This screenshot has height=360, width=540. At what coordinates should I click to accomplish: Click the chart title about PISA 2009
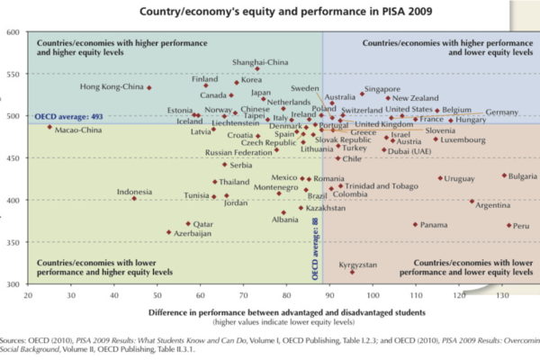coord(270,12)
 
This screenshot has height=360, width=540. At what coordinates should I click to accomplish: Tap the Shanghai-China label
coord(260,61)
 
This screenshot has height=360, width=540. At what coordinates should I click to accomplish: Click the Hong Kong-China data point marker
coord(149,87)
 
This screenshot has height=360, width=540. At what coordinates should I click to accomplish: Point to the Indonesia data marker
coord(134,198)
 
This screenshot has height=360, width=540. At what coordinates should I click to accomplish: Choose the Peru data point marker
coord(509,225)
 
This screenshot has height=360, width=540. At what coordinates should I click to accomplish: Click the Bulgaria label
coord(523,175)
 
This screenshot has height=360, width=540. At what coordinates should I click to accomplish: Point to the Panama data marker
coord(415,224)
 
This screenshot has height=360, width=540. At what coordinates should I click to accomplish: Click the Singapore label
coord(382,89)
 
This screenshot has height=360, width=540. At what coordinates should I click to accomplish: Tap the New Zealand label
coord(415,98)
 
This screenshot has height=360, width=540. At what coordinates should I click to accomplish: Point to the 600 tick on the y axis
coord(13,32)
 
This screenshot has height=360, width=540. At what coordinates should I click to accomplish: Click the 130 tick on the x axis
coord(501,293)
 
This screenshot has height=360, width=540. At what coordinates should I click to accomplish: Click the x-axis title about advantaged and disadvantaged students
coord(270,310)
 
